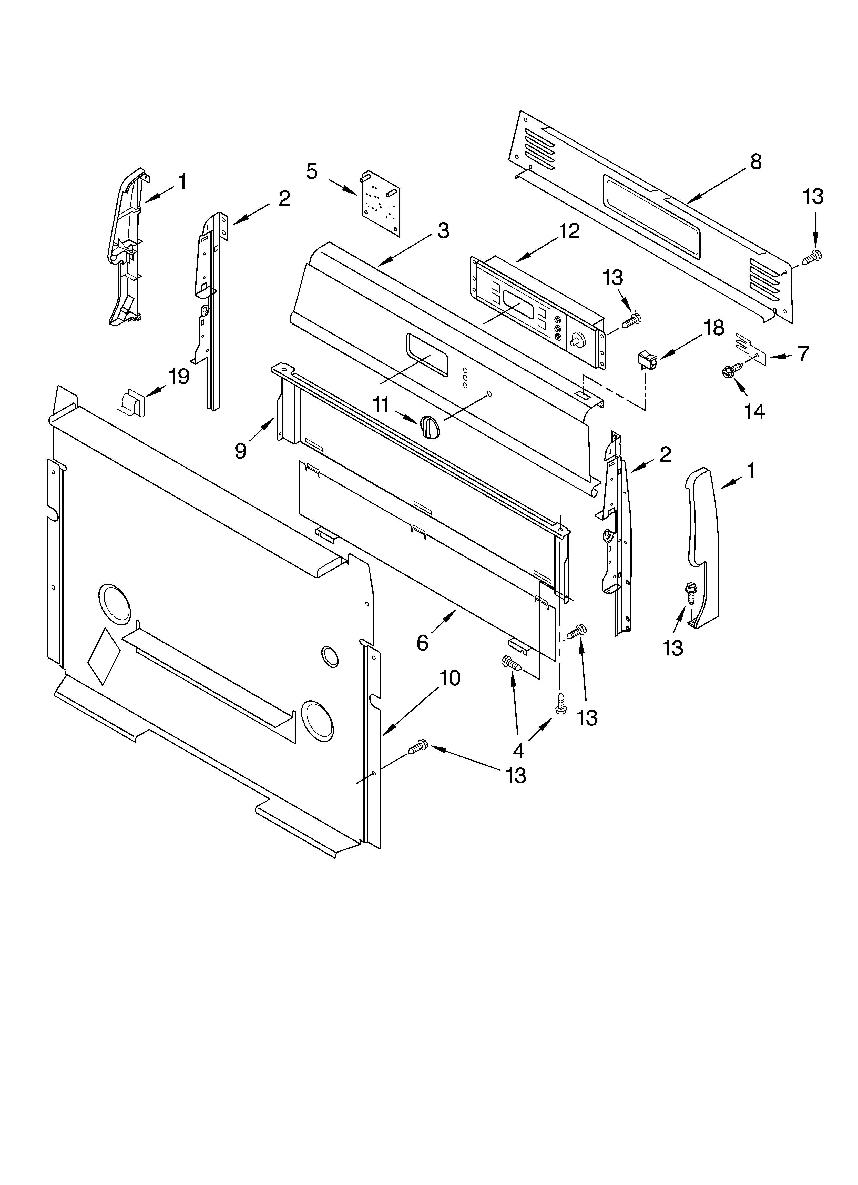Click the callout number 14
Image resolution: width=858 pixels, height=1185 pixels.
click(754, 412)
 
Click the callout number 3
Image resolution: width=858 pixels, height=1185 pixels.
click(443, 230)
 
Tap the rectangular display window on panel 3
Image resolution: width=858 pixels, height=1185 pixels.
click(427, 355)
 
